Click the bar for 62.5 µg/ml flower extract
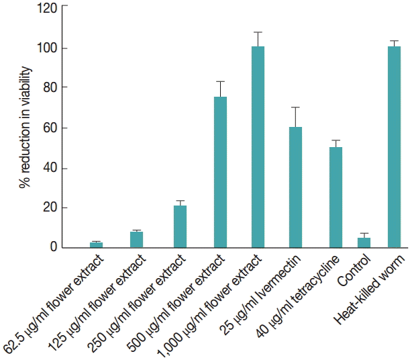[97, 245]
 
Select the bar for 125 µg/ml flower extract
[137, 240]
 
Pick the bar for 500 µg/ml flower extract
[220, 173]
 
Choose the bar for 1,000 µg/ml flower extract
[258, 147]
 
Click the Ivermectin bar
[295, 187]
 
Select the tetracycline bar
[336, 197]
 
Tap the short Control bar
[364, 242]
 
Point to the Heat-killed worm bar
[394, 147]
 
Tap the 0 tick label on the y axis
[54, 248]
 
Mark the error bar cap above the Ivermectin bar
[295, 107]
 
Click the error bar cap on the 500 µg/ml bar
[220, 81]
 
